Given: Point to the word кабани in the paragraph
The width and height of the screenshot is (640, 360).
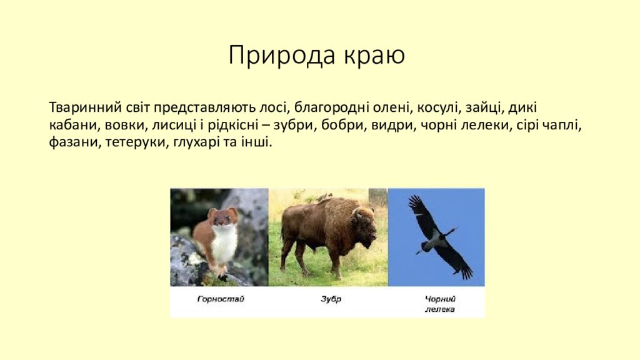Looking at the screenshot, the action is pyautogui.click(x=74, y=125).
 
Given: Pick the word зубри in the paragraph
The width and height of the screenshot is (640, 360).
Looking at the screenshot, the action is pyautogui.click(x=295, y=125).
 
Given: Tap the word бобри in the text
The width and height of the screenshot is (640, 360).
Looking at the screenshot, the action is pyautogui.click(x=342, y=125).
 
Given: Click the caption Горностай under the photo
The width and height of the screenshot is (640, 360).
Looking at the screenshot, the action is pyautogui.click(x=221, y=299).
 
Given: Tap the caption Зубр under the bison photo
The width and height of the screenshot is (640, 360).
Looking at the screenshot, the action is pyautogui.click(x=331, y=299).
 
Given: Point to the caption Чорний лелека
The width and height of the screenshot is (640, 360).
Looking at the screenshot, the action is pyautogui.click(x=440, y=304).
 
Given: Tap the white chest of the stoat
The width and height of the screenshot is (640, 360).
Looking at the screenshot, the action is pyautogui.click(x=223, y=243).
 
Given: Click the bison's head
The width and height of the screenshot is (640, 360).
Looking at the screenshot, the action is pyautogui.click(x=364, y=226).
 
